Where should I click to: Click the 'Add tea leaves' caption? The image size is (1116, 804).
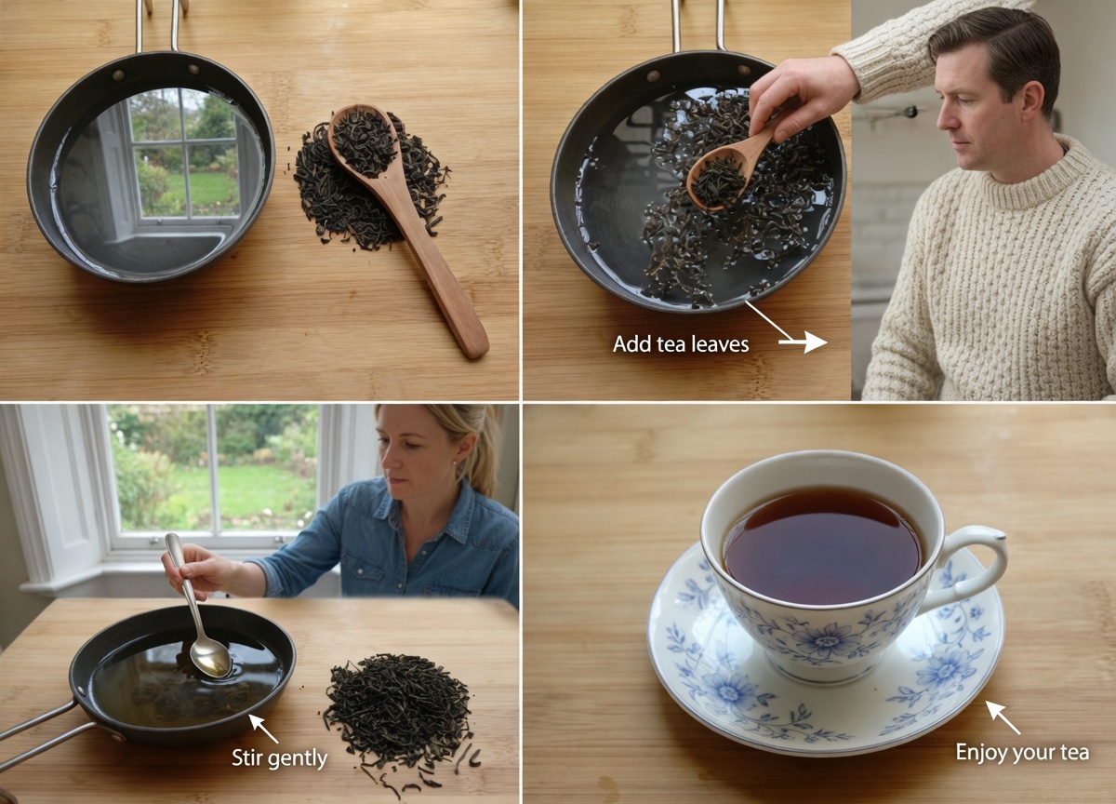coord(680,344)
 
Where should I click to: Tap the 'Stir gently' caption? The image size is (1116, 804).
coord(279,758)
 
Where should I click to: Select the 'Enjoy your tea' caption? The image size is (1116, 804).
coord(1022,752)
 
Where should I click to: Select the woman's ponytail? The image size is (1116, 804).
coord(484,456)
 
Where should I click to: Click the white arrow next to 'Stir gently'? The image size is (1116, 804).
coord(263,728)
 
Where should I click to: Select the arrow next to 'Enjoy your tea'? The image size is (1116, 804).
coord(1002,717)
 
